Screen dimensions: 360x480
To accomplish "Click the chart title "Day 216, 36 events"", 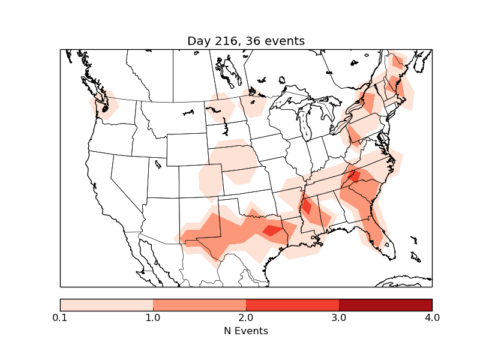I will pyautogui.click(x=246, y=41).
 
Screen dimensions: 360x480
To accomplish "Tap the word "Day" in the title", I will pyautogui.click(x=199, y=41).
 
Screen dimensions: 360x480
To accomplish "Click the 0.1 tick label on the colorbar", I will pyautogui.click(x=60, y=317).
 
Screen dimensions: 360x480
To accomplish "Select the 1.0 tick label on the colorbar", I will pyautogui.click(x=153, y=317).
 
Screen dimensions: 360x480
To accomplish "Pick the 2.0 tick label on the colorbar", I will pyautogui.click(x=246, y=317).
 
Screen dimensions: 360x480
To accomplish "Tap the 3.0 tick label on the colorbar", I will pyautogui.click(x=339, y=317).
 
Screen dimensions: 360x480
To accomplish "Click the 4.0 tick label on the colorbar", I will pyautogui.click(x=432, y=317).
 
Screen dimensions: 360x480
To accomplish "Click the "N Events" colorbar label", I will pyautogui.click(x=246, y=331).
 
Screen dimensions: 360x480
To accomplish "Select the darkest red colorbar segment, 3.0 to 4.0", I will pyautogui.click(x=385, y=305).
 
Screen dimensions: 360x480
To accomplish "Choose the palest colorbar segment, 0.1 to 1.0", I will pyautogui.click(x=106, y=305).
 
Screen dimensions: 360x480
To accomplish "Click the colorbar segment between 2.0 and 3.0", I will pyautogui.click(x=292, y=305).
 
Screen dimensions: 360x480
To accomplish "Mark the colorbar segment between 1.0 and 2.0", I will pyautogui.click(x=199, y=305).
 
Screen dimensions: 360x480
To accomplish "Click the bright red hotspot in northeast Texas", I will pyautogui.click(x=272, y=230).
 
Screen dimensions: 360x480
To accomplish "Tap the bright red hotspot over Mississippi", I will pyautogui.click(x=307, y=206).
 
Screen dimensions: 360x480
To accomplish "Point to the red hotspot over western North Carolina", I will pyautogui.click(x=353, y=176).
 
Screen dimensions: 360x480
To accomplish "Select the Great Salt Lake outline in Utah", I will pyautogui.click(x=158, y=163).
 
